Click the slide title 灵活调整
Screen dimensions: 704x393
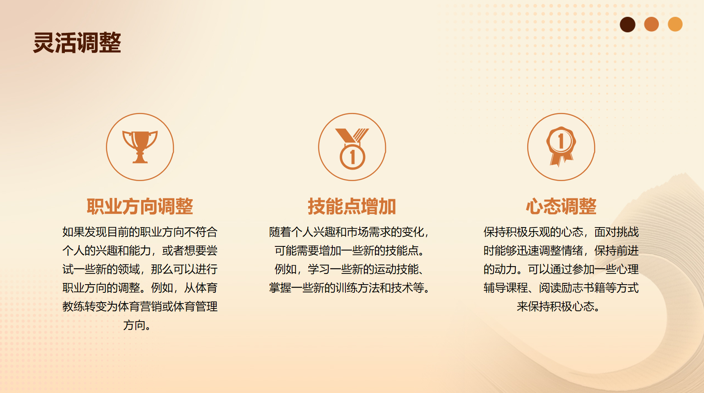77,43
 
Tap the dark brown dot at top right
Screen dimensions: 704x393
627,24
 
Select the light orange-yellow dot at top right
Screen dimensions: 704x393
675,24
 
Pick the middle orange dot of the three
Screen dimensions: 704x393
651,24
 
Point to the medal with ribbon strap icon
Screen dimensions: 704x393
352,148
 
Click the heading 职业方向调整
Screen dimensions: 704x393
140,206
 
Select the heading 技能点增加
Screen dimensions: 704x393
352,206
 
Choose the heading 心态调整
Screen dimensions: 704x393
561,206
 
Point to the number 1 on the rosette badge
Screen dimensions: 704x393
561,141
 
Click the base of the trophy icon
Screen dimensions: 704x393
140,160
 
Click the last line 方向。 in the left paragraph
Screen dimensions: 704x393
137,325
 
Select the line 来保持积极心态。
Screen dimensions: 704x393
558,306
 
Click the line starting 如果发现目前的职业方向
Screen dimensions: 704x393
140,232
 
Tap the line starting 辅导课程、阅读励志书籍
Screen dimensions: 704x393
561,288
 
